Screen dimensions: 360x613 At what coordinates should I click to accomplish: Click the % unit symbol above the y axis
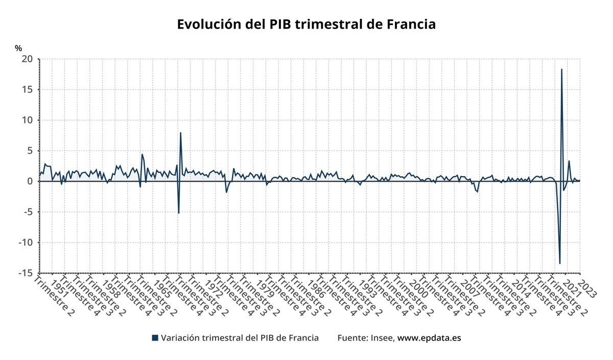click(18, 49)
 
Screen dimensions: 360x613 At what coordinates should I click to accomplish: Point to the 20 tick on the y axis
click(27, 59)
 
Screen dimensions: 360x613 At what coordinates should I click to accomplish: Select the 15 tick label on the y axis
click(27, 90)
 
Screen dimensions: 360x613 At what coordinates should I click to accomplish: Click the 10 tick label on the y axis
click(27, 121)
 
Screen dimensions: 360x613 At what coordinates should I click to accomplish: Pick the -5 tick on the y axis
click(28, 212)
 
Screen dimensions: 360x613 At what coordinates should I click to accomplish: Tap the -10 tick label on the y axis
click(26, 243)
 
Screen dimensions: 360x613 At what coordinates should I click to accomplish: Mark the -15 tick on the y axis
click(26, 273)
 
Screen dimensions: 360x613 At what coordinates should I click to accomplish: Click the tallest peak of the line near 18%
click(561, 69)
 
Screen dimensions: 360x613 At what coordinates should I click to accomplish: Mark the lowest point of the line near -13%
click(560, 263)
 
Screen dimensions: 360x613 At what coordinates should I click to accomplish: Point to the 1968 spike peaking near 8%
click(180, 133)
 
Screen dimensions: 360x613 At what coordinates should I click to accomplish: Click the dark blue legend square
click(155, 338)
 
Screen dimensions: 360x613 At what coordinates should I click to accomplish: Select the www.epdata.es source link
click(429, 338)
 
